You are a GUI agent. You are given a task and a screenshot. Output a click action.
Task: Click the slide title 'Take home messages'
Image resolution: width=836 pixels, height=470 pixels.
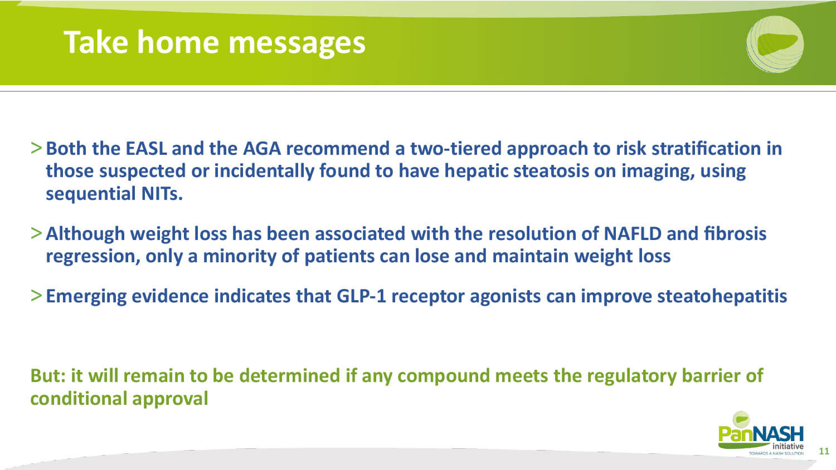[214, 43]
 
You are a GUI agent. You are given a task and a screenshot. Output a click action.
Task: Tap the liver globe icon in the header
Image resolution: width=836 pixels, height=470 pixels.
[775, 44]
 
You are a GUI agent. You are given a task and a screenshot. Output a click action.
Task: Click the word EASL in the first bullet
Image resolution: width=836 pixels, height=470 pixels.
[146, 149]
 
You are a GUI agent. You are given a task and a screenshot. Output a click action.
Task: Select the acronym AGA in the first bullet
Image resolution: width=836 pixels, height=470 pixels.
[261, 149]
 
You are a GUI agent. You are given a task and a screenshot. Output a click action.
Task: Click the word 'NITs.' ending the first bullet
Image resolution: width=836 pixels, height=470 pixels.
[162, 194]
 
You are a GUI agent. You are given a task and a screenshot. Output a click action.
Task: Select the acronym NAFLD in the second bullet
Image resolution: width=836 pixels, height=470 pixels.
[632, 234]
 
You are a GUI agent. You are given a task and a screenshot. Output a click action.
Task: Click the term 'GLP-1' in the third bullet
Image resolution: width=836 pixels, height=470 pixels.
[361, 297]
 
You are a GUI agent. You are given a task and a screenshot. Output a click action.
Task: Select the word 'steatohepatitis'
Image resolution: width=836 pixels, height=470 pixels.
[722, 297]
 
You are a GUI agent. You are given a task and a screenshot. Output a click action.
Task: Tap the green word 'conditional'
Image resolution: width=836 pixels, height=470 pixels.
[79, 398]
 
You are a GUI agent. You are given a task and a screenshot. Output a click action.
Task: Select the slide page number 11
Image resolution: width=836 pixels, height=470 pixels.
[824, 451]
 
